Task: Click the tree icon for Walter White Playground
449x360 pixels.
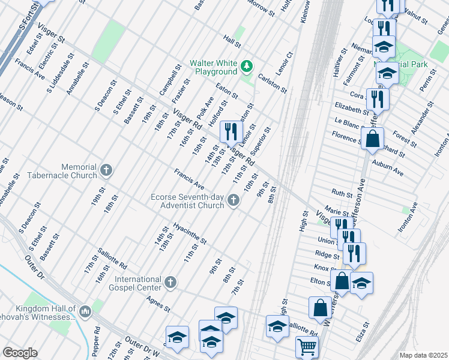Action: tap(246, 65)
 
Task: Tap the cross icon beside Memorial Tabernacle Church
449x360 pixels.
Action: tap(106, 170)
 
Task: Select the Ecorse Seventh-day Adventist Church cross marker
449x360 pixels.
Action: tap(233, 204)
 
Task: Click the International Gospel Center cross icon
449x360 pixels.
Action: tap(170, 282)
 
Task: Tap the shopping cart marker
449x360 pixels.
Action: tap(307, 346)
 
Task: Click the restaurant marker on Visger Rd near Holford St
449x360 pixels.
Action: tap(231, 131)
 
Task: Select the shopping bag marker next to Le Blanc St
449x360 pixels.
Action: tap(373, 139)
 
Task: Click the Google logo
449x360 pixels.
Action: tap(20, 352)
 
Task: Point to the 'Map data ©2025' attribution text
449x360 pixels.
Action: tap(423, 355)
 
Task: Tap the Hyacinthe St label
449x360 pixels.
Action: tap(189, 234)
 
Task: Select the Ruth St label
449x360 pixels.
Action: tap(342, 194)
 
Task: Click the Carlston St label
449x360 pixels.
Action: tap(272, 83)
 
